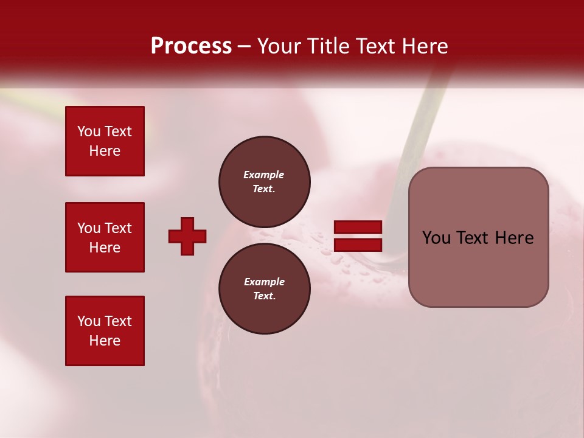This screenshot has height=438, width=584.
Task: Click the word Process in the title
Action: point(191,46)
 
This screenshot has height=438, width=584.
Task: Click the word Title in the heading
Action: point(328,46)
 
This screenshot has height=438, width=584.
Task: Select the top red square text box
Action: point(105,141)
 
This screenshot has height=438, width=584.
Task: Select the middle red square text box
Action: point(105,237)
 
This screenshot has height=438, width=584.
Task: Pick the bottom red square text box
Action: point(105,331)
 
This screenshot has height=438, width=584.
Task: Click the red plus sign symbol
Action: point(187,236)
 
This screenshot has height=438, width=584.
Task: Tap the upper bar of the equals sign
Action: point(358,227)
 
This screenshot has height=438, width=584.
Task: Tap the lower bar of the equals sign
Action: point(358,245)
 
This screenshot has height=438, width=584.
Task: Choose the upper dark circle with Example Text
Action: point(265,182)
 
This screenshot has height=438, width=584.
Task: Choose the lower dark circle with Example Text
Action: point(265,289)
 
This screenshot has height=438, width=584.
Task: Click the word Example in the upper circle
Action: point(264,175)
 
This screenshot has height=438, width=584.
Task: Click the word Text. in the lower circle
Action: point(264,296)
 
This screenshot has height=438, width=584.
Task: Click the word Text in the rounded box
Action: point(473,238)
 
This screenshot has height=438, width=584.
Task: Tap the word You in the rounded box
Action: point(436,238)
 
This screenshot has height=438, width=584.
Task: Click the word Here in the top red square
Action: point(105,151)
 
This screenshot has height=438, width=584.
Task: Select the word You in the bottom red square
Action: point(89,321)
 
